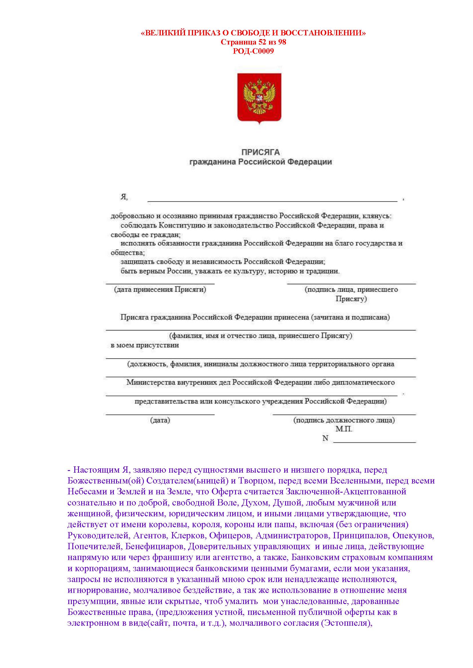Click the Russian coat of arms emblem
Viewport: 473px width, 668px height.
click(x=259, y=98)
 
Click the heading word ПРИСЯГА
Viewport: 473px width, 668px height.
click(x=261, y=152)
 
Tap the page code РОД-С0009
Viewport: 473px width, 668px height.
click(x=253, y=51)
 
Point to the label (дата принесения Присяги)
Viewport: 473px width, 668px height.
click(x=160, y=290)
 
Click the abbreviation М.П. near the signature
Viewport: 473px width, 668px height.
click(x=344, y=429)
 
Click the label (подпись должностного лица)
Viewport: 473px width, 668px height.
click(x=344, y=420)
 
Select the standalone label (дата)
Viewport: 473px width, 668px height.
click(x=160, y=420)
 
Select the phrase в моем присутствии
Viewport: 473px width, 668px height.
click(x=145, y=345)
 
